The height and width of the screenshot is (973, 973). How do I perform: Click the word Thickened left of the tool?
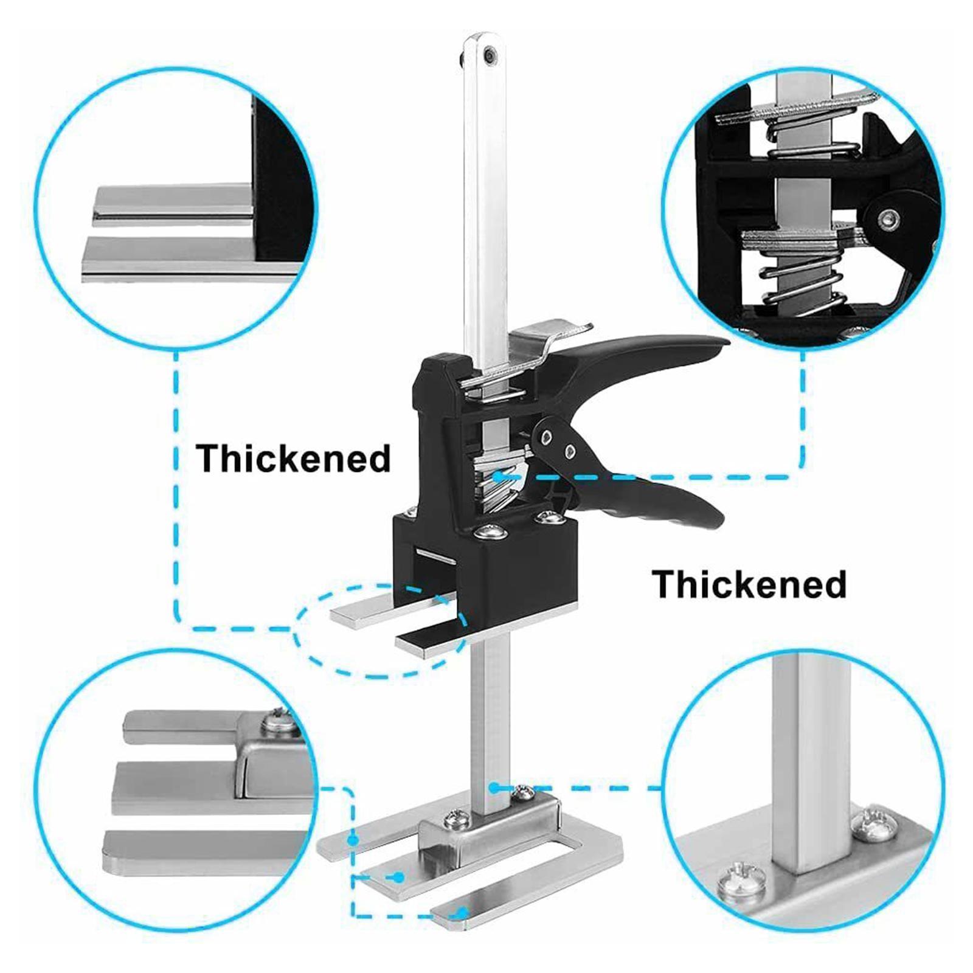tap(293, 459)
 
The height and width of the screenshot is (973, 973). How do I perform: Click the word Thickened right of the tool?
tap(749, 584)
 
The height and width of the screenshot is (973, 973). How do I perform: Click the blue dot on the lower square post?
tap(494, 787)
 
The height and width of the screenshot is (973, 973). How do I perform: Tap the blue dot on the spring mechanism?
tap(498, 477)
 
